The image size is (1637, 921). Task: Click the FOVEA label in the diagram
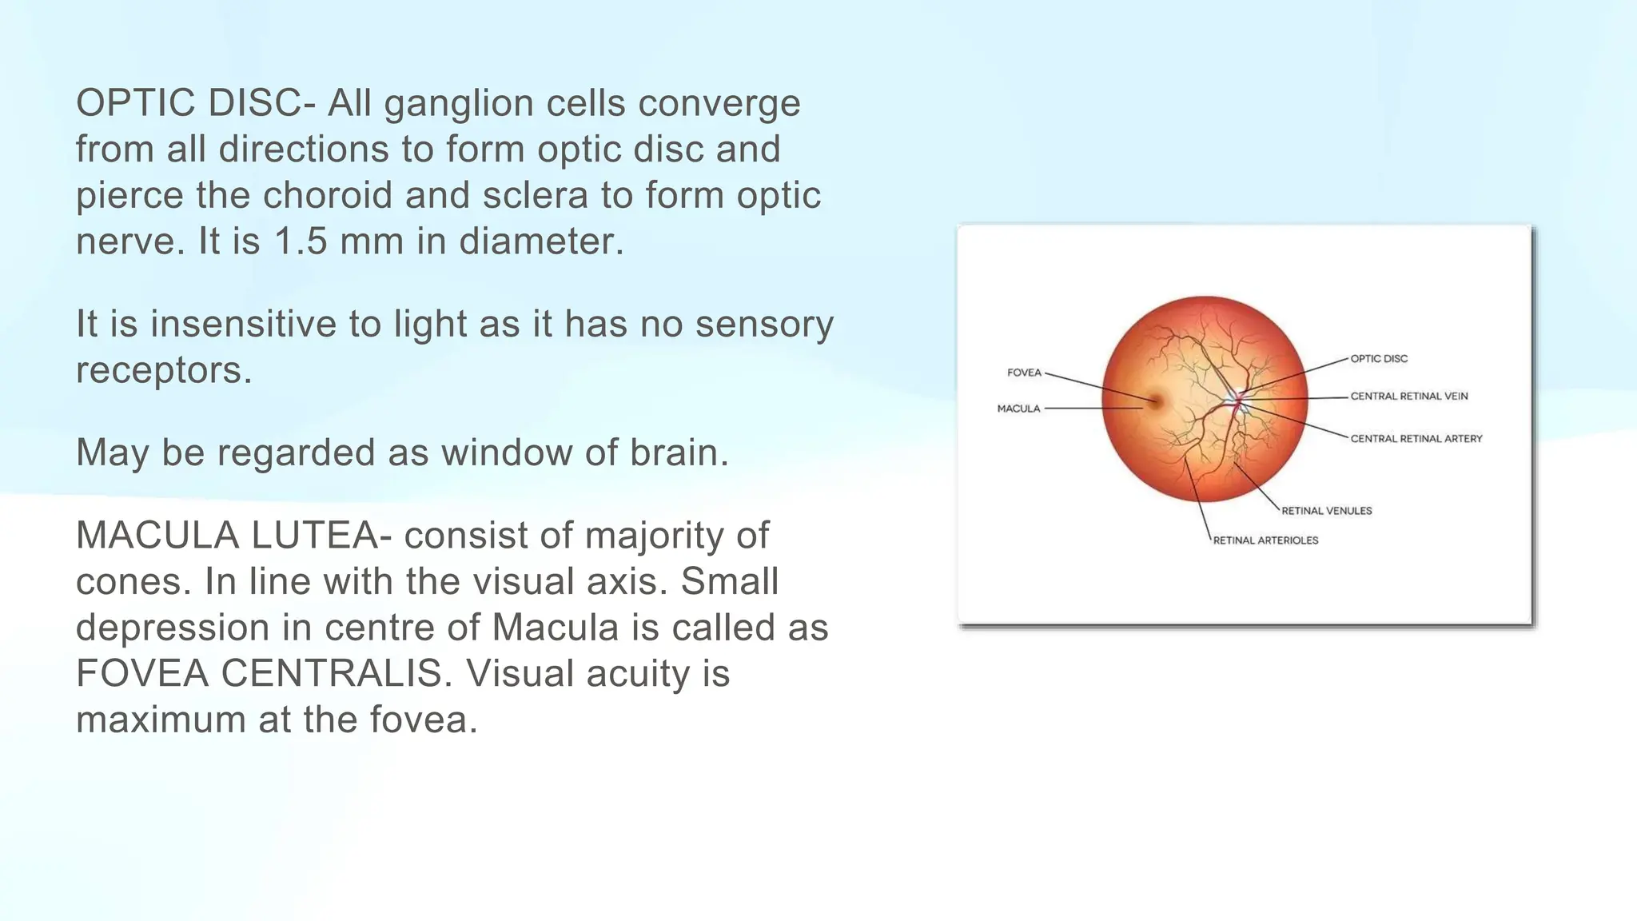(x=1024, y=373)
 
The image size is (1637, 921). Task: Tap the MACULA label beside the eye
(x=1018, y=409)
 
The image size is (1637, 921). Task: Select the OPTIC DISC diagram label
(x=1379, y=359)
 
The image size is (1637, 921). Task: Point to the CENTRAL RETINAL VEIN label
(x=1408, y=397)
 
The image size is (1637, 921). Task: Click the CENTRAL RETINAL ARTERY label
(x=1416, y=439)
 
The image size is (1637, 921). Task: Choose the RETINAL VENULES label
(x=1326, y=511)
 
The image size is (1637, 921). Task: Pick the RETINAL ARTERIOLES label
(x=1265, y=540)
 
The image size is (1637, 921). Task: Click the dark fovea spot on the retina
(x=1154, y=401)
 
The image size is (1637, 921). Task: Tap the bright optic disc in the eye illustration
(x=1238, y=397)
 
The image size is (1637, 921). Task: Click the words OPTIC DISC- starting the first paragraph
(x=196, y=103)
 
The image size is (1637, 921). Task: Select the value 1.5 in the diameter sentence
(x=301, y=241)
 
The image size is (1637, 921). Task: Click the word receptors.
(x=164, y=370)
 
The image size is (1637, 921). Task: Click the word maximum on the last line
(x=161, y=720)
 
